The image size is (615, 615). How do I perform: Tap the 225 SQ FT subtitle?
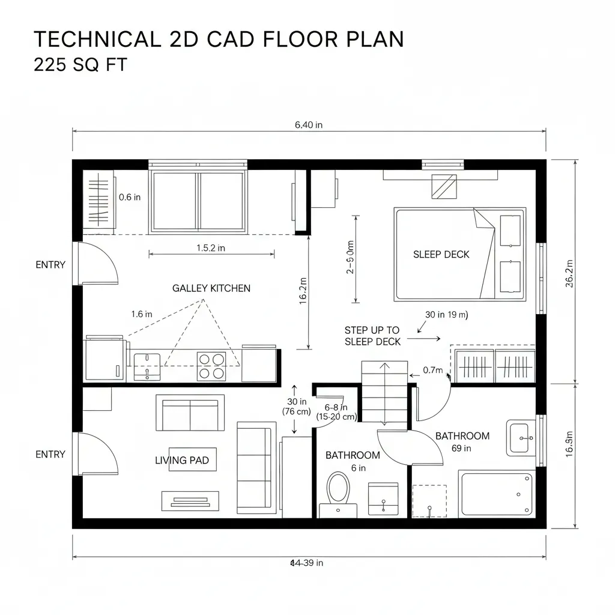(80, 64)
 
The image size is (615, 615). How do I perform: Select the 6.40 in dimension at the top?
(309, 125)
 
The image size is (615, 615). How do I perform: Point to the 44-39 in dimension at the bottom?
(306, 563)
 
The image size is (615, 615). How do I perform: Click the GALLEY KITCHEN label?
(211, 288)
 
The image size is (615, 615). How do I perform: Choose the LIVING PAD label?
(182, 460)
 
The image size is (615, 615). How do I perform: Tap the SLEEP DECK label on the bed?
(441, 254)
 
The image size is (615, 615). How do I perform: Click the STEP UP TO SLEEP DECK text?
(372, 336)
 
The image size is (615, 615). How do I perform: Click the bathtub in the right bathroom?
(495, 493)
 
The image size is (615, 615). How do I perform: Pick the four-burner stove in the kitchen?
(211, 366)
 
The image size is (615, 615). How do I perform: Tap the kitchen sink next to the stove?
(147, 365)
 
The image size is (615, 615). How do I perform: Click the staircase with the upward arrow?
(384, 393)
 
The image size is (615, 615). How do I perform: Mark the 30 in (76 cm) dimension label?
(296, 407)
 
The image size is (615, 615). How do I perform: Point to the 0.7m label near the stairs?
(432, 370)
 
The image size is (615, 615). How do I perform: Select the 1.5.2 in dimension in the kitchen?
(211, 247)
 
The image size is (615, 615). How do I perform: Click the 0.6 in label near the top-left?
(130, 196)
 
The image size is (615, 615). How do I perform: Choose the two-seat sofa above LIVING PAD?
(190, 413)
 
